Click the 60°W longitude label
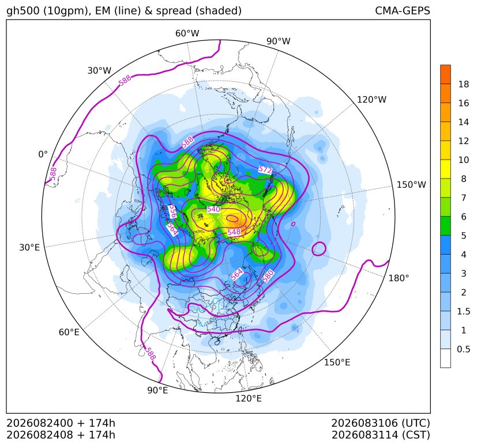click(187, 33)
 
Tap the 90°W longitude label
click(279, 41)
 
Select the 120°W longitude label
click(371, 100)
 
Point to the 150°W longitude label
click(411, 184)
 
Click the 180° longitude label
click(399, 278)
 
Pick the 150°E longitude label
click(337, 362)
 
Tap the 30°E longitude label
click(29, 247)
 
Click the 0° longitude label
click(43, 154)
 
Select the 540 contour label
click(213, 209)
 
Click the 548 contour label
click(234, 232)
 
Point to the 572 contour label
click(265, 169)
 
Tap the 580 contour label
click(268, 276)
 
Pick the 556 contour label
click(172, 211)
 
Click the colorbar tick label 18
click(463, 84)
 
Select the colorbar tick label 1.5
click(463, 311)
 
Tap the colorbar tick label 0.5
click(463, 349)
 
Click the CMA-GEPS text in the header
click(403, 10)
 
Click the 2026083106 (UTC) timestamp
click(381, 423)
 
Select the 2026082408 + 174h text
click(61, 435)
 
